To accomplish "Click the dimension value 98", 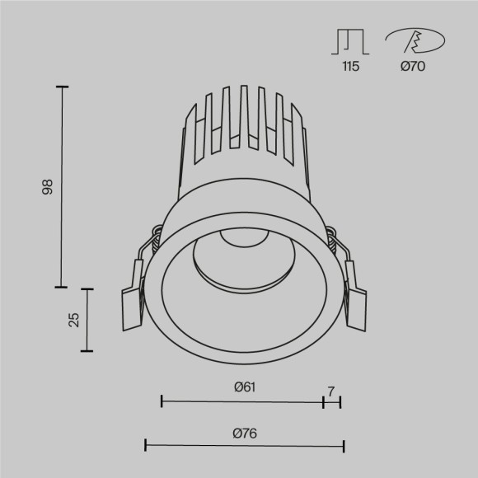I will [47, 187].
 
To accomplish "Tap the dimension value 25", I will [73, 320].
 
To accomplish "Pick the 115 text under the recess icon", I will [350, 67].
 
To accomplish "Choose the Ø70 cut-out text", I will [412, 67].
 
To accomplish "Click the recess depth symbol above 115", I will [350, 41].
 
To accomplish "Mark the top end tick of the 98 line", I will [62, 87].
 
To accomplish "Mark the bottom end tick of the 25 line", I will [87, 351].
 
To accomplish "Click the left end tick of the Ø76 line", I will [145, 447].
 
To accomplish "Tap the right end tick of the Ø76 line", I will [343, 447].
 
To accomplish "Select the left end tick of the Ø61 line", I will [161, 401].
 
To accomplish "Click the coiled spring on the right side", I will [330, 241].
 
